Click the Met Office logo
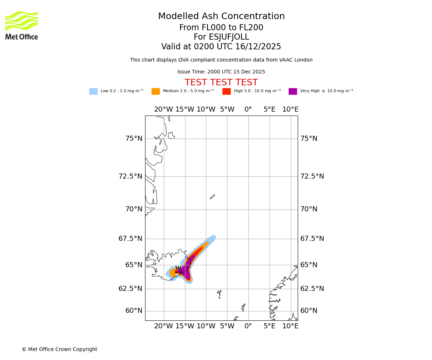[x=22, y=25]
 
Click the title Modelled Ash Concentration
[x=221, y=17]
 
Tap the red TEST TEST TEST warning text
[x=221, y=83]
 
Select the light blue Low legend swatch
[x=93, y=91]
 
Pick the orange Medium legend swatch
[x=156, y=91]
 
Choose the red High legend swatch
[x=226, y=91]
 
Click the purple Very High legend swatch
[x=293, y=91]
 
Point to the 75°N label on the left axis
[x=134, y=139]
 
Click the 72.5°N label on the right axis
[x=312, y=176]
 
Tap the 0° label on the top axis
[x=248, y=109]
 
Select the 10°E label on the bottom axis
[x=290, y=326]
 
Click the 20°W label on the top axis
[x=163, y=109]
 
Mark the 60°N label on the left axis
[x=134, y=311]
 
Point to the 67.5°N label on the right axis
[x=312, y=239]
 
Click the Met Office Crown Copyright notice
[x=59, y=350]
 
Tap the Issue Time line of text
[x=221, y=72]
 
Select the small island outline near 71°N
[x=212, y=197]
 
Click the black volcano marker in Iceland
[x=178, y=270]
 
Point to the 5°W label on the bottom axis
[x=227, y=326]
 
